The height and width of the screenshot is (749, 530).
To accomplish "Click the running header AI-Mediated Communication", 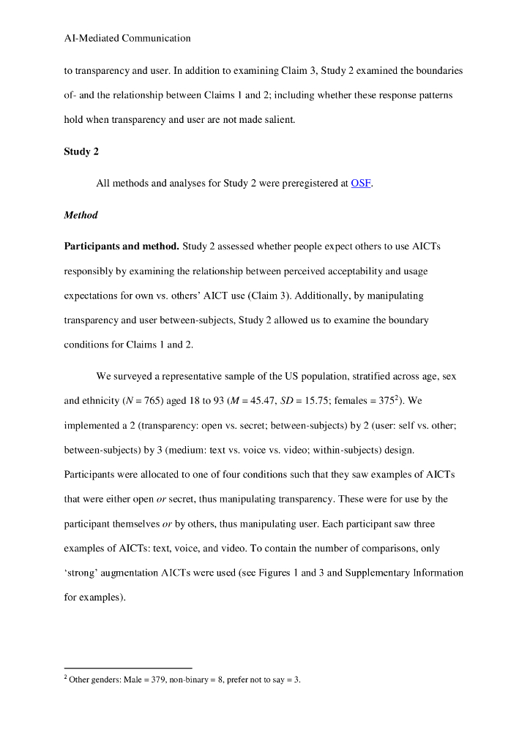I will [127, 38].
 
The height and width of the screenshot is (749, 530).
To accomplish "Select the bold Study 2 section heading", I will [81, 152].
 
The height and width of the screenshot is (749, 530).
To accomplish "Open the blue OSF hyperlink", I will [361, 184].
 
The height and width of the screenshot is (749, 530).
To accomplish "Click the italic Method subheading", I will [81, 215].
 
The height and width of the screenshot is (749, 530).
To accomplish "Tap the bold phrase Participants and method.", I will [122, 246].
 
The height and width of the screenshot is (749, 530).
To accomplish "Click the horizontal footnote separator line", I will [128, 668].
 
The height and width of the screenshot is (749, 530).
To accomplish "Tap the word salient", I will [275, 120].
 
